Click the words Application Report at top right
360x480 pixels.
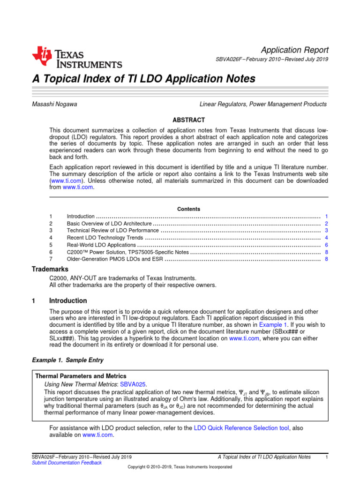click(294, 50)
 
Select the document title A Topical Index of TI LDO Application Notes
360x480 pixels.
click(143, 79)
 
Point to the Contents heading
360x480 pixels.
click(188, 209)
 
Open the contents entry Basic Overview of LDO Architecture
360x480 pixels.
click(109, 224)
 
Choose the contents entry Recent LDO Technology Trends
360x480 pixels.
click(105, 238)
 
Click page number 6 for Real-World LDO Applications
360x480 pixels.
click(326, 245)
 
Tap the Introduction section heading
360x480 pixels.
click(68, 300)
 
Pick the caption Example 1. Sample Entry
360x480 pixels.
click(67, 360)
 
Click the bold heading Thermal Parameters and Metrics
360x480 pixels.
click(81, 376)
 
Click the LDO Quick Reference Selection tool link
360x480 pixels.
click(241, 427)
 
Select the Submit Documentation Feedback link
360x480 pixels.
click(67, 463)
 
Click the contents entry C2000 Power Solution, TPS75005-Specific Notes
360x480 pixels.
click(128, 252)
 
